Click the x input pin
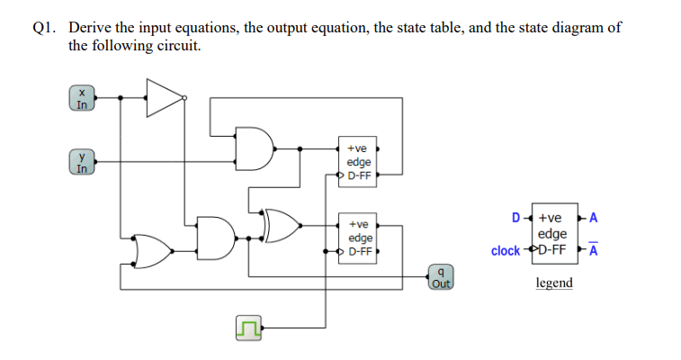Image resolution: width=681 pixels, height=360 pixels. (x=82, y=98)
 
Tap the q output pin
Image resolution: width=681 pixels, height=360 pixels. (x=440, y=276)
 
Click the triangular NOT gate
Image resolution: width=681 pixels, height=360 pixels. (x=163, y=97)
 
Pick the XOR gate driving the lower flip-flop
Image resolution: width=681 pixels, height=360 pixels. (x=282, y=227)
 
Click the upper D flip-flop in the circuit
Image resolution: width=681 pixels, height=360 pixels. (x=359, y=160)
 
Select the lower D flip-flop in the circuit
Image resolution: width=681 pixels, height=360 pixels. (x=360, y=238)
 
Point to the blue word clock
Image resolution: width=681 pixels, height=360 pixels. (x=506, y=250)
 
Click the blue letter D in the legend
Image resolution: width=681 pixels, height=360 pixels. (x=515, y=217)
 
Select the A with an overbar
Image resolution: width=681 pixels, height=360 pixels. (x=593, y=251)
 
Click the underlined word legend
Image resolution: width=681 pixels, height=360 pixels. (x=553, y=283)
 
